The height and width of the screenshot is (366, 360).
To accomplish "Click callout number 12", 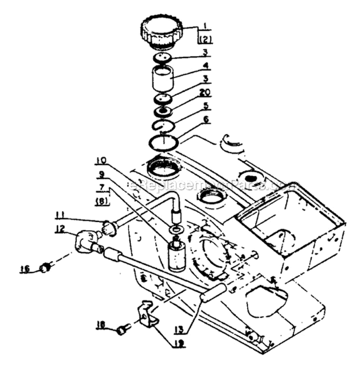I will coord(59,230).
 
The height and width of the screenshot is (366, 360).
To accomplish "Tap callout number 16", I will coord(24,268).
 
